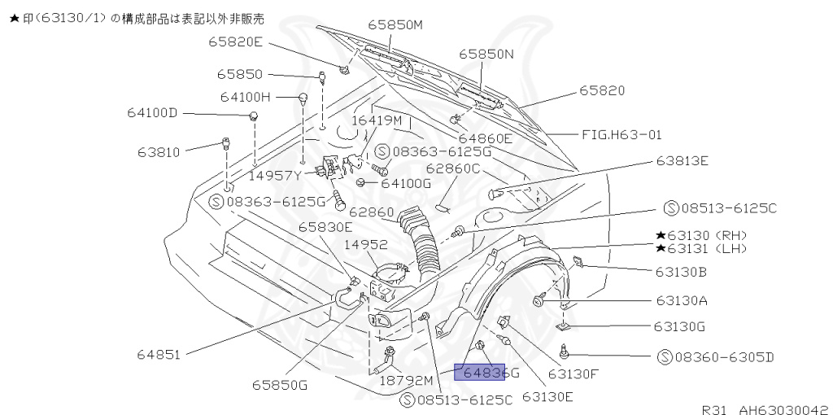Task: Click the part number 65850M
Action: [395, 24]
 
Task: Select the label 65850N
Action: [486, 54]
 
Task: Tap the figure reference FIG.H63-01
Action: [621, 134]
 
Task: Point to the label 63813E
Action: [682, 160]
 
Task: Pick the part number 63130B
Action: [680, 271]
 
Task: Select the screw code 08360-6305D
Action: [715, 356]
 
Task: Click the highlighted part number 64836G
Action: [486, 373]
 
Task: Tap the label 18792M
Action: [407, 380]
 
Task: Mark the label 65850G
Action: [279, 385]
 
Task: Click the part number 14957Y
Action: [276, 174]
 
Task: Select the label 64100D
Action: [151, 112]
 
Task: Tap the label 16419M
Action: [377, 120]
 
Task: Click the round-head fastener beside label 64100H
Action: [303, 99]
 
